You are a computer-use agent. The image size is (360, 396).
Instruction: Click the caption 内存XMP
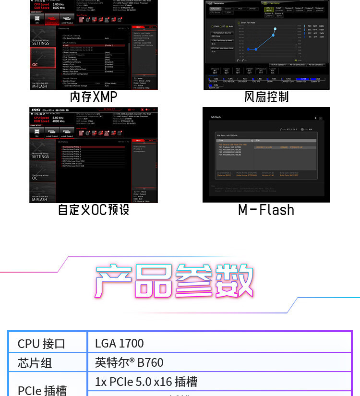[94, 97]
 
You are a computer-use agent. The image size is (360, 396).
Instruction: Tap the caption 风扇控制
[266, 97]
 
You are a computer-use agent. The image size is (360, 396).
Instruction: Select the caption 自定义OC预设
[94, 210]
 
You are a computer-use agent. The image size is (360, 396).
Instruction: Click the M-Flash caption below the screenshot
[266, 210]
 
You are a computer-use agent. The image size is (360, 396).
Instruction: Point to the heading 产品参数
[174, 281]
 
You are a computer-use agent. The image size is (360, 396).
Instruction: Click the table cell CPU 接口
[41, 344]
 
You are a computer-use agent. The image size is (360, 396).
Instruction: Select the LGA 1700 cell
[120, 343]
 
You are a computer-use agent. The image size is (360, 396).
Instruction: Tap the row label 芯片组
[35, 362]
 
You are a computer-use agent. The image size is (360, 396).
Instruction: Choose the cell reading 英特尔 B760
[129, 362]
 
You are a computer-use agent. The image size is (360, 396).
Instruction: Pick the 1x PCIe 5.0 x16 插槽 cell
[146, 382]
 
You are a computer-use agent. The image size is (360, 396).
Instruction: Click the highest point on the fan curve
[275, 29]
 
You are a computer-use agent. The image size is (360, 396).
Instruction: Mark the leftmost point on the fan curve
[249, 49]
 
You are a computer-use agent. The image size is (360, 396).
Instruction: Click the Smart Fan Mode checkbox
[239, 23]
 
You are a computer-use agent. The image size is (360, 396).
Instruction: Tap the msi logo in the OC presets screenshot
[36, 110]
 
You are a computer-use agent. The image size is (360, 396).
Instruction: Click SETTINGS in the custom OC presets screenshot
[41, 156]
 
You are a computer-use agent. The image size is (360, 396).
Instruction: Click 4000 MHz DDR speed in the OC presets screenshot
[59, 121]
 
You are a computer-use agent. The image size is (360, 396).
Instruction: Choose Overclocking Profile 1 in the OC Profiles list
[72, 147]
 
